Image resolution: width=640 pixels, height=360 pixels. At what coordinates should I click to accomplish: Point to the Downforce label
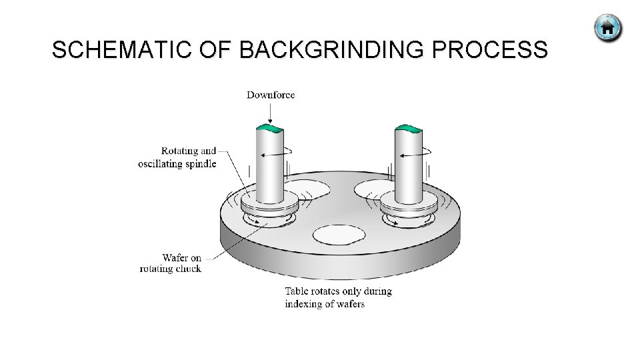pyautogui.click(x=271, y=95)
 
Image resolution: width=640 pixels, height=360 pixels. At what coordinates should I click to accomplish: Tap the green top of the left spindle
pyautogui.click(x=271, y=127)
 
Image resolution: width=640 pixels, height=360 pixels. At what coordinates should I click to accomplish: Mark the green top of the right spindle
pyautogui.click(x=408, y=127)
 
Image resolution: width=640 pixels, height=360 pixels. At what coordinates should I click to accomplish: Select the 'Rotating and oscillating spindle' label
pyautogui.click(x=177, y=157)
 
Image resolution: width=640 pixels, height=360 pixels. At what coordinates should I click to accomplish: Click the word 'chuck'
pyautogui.click(x=187, y=269)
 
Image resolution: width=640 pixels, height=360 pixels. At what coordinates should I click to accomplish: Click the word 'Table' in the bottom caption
pyautogui.click(x=297, y=291)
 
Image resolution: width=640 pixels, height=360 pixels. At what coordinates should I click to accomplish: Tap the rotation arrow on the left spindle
pyautogui.click(x=277, y=154)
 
